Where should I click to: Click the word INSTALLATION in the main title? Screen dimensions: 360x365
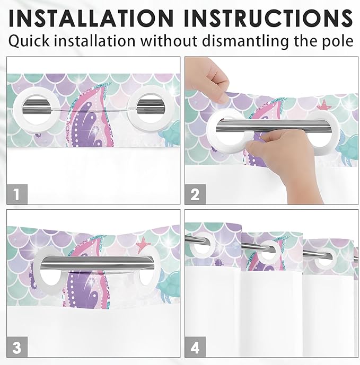[x=91, y=19]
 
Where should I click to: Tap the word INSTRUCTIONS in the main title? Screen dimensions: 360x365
[x=268, y=19]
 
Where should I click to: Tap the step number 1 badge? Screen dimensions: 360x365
[x=17, y=194]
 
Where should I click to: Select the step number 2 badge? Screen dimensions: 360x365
[x=195, y=194]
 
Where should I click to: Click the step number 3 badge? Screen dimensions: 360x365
[x=17, y=347]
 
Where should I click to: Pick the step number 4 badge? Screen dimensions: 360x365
[x=195, y=347]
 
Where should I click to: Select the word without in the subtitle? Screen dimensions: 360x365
[x=169, y=41]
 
